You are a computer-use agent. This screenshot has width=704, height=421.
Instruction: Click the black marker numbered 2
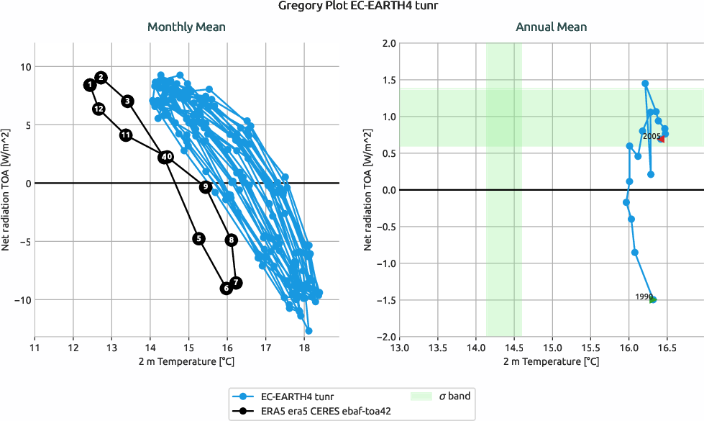click(101, 77)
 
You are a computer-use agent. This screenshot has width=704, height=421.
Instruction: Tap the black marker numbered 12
click(99, 109)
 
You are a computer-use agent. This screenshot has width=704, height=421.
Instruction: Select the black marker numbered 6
click(226, 288)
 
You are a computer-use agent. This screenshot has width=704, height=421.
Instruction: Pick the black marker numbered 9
click(206, 186)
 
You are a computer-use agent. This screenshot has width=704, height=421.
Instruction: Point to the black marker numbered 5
click(199, 238)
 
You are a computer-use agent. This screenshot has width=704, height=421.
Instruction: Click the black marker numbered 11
click(126, 135)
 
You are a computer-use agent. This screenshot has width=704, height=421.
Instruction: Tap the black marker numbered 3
click(127, 101)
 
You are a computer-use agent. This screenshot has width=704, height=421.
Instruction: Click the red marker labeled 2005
click(662, 139)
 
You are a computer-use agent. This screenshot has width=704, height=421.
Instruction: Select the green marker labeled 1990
click(652, 299)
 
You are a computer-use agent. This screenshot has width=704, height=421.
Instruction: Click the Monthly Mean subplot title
click(186, 27)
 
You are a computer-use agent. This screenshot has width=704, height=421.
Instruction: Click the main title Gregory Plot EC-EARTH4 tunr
click(352, 7)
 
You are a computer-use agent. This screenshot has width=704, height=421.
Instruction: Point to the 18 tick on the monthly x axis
click(304, 348)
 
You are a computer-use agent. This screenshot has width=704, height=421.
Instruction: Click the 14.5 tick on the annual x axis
click(513, 348)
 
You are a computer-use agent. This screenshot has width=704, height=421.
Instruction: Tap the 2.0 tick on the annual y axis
click(388, 43)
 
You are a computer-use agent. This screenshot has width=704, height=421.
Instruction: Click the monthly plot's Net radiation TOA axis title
click(7, 189)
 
